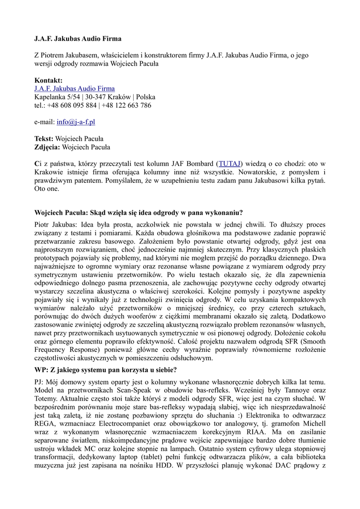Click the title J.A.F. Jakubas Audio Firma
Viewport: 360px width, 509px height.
point(78,38)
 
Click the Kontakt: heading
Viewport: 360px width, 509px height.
point(48,81)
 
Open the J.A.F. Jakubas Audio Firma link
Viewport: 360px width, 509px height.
point(74,88)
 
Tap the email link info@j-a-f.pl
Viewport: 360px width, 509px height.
point(76,122)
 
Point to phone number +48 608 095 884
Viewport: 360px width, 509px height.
point(72,105)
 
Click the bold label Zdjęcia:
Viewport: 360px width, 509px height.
point(47,147)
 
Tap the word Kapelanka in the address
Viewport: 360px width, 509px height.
point(50,97)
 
